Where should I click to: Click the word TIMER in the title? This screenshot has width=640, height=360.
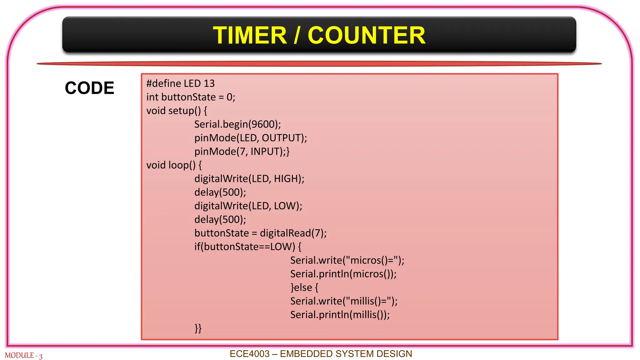tap(250, 35)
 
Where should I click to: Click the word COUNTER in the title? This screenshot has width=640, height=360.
tap(366, 35)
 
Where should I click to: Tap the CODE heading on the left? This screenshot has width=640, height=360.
tap(89, 88)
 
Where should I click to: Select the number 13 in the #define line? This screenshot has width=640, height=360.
tap(209, 83)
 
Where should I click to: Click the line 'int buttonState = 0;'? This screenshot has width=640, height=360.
tap(191, 97)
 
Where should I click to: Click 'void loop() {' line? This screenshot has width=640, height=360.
tap(174, 165)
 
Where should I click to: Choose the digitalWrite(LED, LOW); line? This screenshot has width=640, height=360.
tap(248, 206)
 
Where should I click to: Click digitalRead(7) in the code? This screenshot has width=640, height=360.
tap(293, 233)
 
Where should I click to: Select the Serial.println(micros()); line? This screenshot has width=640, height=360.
tap(343, 274)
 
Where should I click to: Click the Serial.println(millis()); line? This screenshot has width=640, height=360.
tap(340, 315)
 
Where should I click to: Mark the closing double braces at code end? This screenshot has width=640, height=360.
tap(198, 328)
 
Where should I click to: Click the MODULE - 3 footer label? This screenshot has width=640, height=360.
tap(23, 356)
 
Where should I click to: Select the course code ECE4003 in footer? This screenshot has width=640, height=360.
tap(249, 354)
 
